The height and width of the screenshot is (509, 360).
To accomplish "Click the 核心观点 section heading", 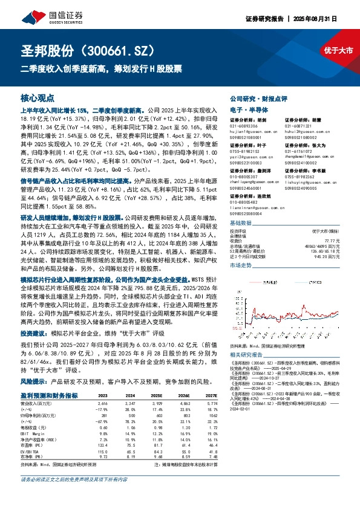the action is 38,97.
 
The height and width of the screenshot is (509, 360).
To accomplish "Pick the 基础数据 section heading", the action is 243,222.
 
